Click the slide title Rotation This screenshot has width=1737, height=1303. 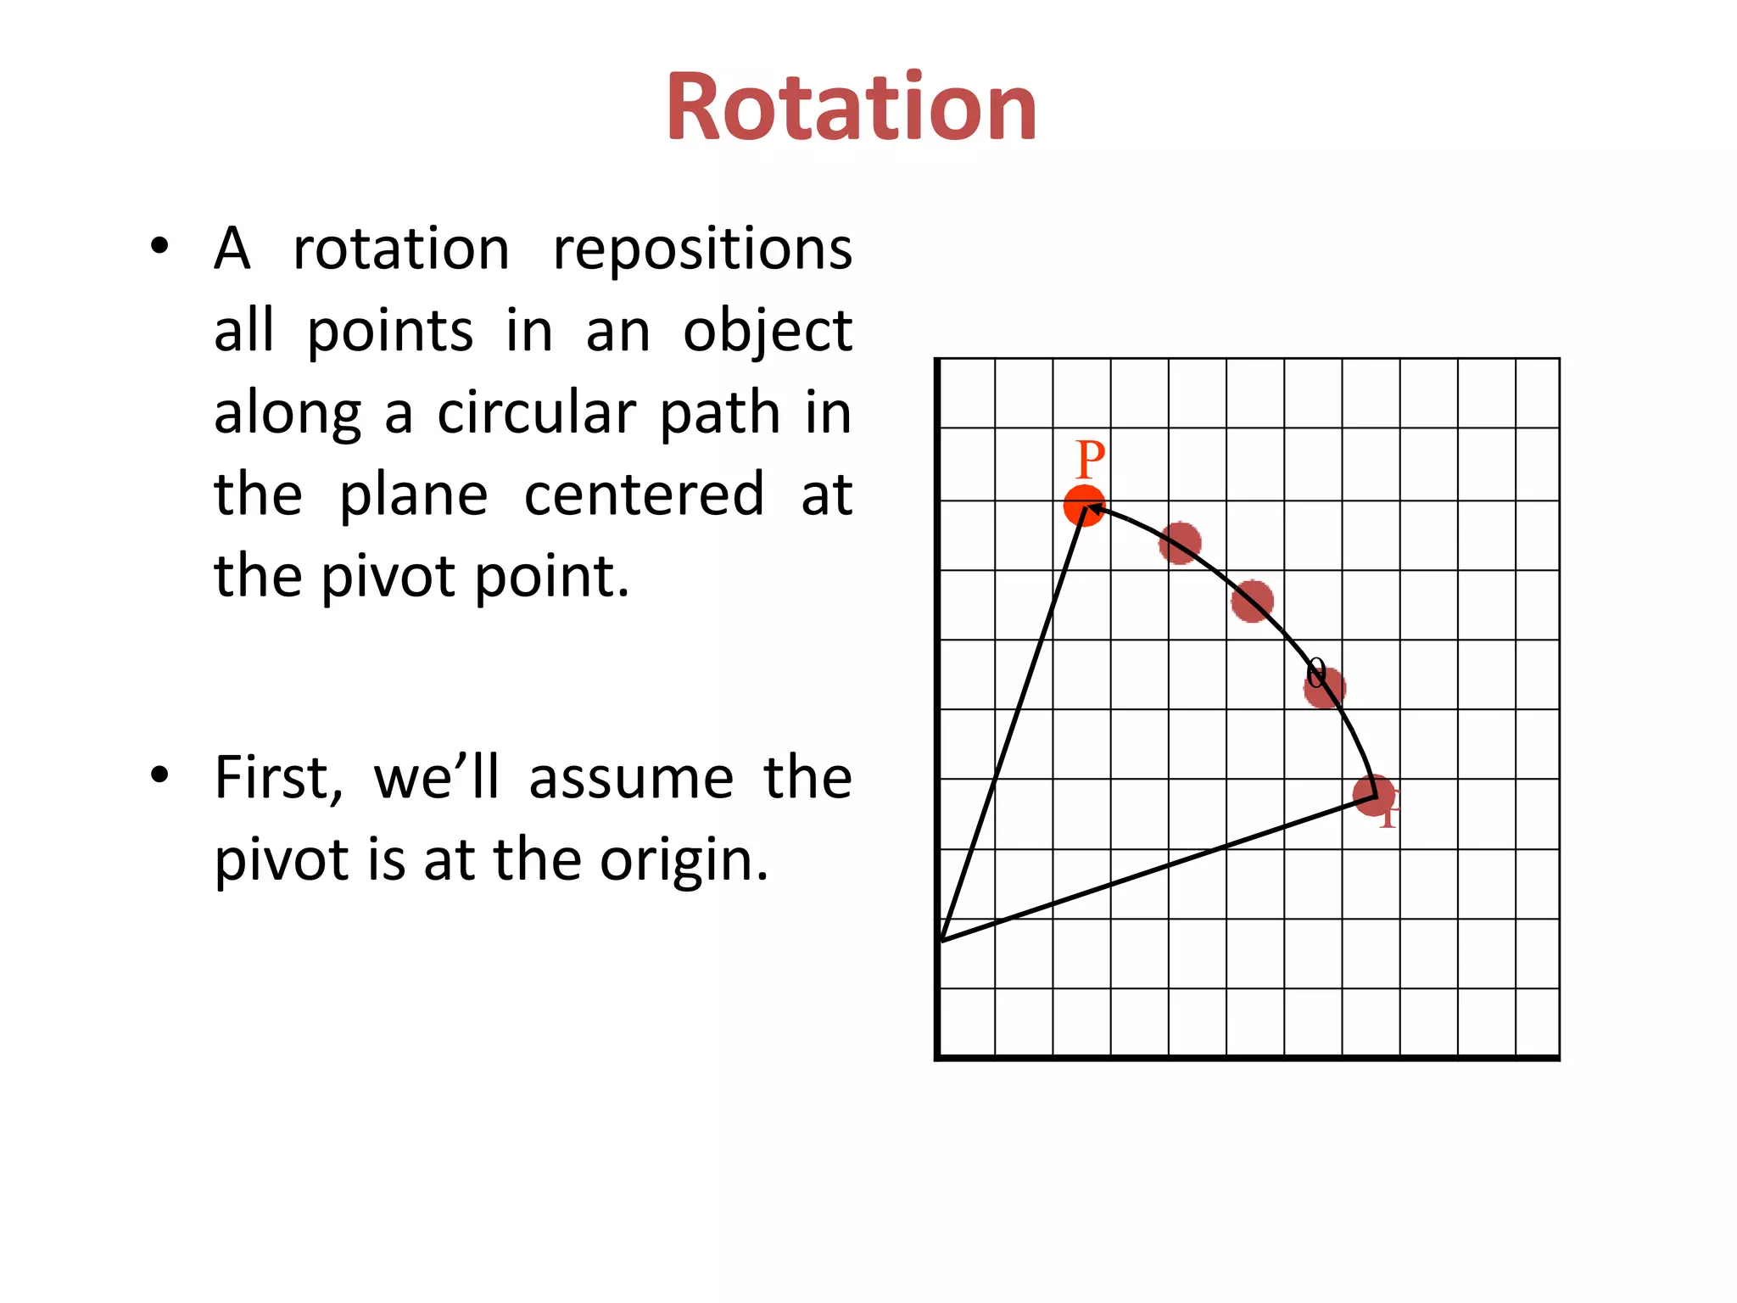pyautogui.click(x=851, y=108)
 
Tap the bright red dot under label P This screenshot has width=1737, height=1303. pyautogui.click(x=1084, y=506)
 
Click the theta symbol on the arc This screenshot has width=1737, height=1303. pyautogui.click(x=1315, y=674)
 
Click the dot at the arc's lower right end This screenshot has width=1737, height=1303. pyautogui.click(x=1373, y=795)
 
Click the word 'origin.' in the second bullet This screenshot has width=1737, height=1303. pyautogui.click(x=684, y=860)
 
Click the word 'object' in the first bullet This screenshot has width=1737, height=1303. pyautogui.click(x=768, y=332)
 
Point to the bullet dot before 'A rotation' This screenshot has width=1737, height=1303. pyautogui.click(x=159, y=247)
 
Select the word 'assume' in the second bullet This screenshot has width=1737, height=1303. pyautogui.click(x=631, y=779)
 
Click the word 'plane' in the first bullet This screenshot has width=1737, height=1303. pyautogui.click(x=413, y=496)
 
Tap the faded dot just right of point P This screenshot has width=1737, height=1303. pyautogui.click(x=1180, y=543)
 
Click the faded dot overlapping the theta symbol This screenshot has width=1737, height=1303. pyautogui.click(x=1324, y=687)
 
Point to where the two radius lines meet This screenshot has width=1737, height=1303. pyautogui.click(x=941, y=940)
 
